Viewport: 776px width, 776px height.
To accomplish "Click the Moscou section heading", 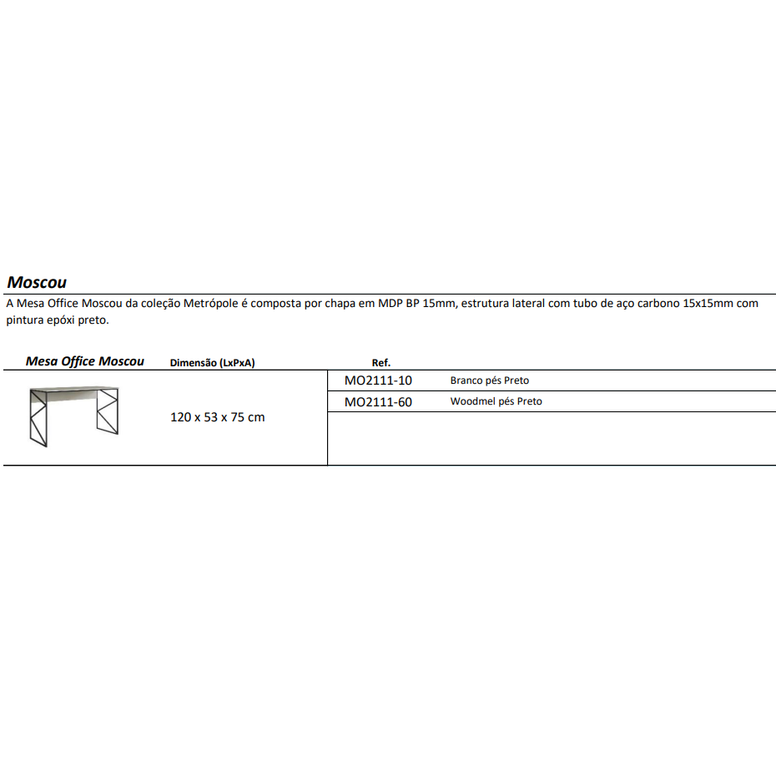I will pos(37,282).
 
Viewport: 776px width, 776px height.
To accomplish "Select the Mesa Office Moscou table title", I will pos(84,361).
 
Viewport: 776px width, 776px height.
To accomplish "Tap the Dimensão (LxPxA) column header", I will pos(212,363).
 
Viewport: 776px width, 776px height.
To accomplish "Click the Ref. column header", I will pos(380,363).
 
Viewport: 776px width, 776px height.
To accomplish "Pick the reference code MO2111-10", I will pos(378,380).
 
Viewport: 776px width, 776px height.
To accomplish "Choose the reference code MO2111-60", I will pos(378,401).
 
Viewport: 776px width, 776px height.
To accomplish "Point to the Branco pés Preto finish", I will pos(489,380).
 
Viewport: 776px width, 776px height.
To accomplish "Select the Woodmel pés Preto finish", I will pos(496,401).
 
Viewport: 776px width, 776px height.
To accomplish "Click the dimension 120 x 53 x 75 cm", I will pos(217,417).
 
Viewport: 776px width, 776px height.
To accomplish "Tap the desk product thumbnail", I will pos(73,416).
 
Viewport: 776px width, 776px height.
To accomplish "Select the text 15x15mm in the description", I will pos(708,304).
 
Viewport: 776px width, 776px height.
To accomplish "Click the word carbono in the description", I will pos(658,304).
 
